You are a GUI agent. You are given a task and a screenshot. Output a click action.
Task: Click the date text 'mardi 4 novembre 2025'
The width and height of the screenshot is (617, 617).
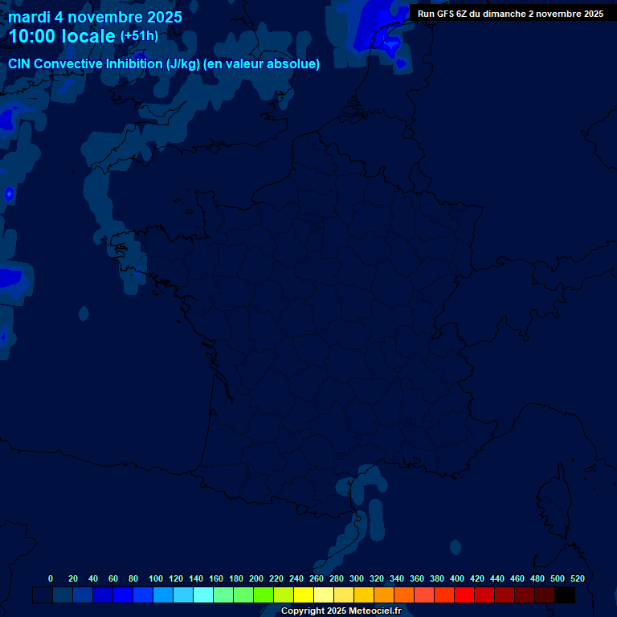pos(95,17)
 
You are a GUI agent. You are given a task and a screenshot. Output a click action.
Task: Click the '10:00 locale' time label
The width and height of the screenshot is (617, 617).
pos(61,36)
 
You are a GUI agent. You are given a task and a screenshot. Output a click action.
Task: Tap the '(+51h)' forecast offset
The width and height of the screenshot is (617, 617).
pos(139,36)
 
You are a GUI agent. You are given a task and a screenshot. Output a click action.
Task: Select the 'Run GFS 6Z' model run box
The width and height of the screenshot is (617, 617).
pos(510,14)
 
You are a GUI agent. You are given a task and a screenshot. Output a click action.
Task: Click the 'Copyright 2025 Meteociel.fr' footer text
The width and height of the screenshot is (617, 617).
pos(341,611)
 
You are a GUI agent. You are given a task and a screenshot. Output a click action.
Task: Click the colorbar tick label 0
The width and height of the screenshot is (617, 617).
pos(51,578)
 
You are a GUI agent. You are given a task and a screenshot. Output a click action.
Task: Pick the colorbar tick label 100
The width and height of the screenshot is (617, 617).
pos(156,578)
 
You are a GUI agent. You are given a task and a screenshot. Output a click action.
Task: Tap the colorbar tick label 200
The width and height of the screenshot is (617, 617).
pos(256,578)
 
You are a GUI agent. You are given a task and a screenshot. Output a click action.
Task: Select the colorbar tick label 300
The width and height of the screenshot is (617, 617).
pos(357,578)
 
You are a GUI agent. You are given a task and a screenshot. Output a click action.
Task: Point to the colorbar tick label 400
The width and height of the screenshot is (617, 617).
pos(457,578)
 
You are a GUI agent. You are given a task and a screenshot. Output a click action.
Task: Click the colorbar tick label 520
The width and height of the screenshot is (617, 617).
pos(577,578)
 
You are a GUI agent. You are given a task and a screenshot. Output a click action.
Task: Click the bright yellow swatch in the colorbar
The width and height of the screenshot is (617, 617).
pos(304,595)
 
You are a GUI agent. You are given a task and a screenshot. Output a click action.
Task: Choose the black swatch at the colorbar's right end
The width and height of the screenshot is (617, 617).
pos(565,595)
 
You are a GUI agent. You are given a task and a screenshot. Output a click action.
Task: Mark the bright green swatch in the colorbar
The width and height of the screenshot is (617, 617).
pos(264,595)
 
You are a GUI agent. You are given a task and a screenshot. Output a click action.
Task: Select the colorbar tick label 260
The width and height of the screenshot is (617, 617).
pos(317,578)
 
